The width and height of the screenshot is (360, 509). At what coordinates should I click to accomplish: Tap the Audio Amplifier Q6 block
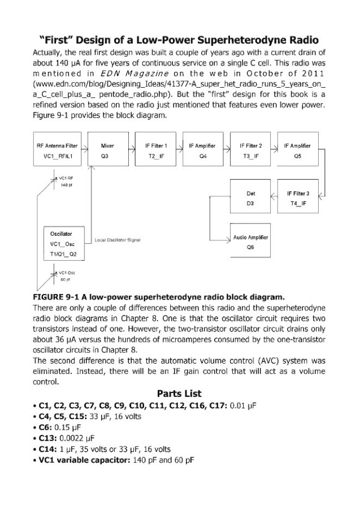250,243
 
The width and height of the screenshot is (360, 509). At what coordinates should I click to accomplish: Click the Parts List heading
180,394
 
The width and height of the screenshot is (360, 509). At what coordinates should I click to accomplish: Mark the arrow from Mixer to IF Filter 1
129,150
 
